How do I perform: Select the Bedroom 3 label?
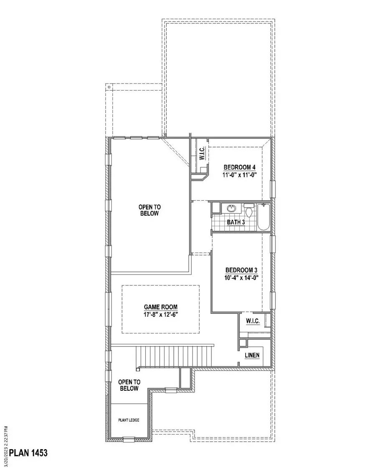(x=239, y=270)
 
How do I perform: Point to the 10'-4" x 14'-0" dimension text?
(x=239, y=278)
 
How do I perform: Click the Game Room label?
(x=160, y=306)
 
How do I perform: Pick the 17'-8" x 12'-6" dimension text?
(x=160, y=313)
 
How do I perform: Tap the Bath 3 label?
(x=236, y=222)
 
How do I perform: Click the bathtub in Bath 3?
(x=264, y=216)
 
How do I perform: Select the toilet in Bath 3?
(x=249, y=210)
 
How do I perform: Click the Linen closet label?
(x=252, y=355)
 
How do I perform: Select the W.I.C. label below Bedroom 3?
(x=252, y=321)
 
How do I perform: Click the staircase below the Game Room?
(x=175, y=355)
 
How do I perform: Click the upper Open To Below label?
(x=150, y=210)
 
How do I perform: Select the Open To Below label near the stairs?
(x=129, y=385)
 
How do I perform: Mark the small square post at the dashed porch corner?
(x=109, y=87)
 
